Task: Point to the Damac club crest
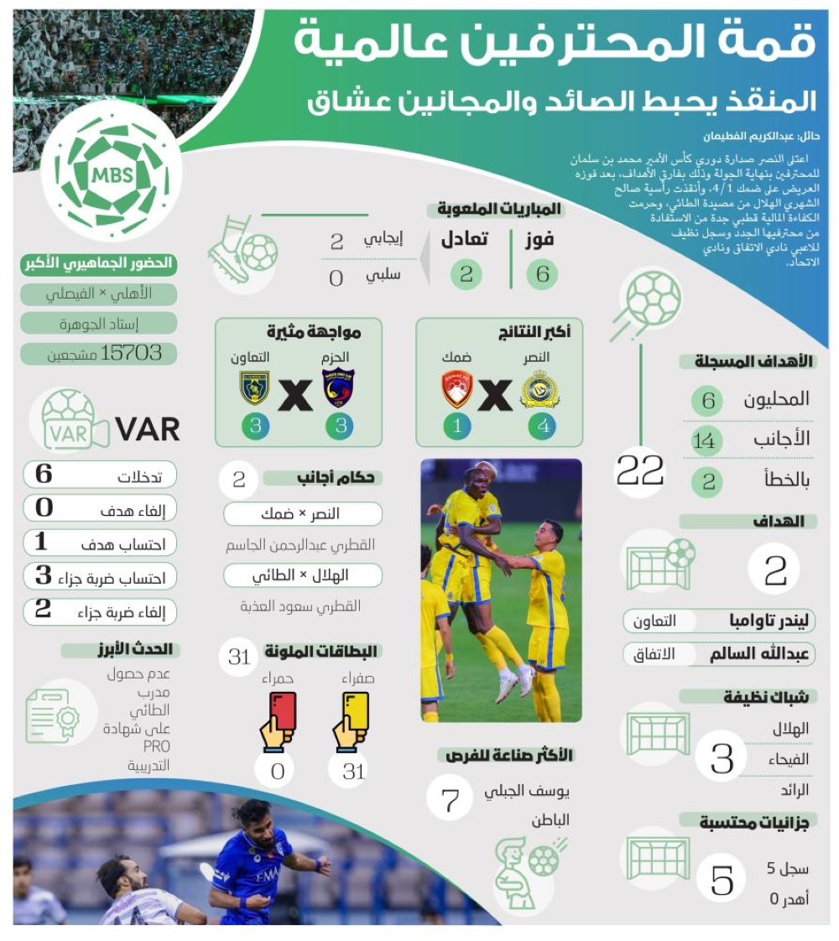[458, 389]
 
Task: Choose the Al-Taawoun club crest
[254, 388]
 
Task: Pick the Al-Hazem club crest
[338, 388]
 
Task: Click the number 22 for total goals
[640, 471]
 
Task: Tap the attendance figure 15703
[131, 353]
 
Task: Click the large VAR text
[148, 429]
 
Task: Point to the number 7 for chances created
[451, 798]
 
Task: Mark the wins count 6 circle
[542, 274]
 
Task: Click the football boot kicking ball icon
[242, 249]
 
